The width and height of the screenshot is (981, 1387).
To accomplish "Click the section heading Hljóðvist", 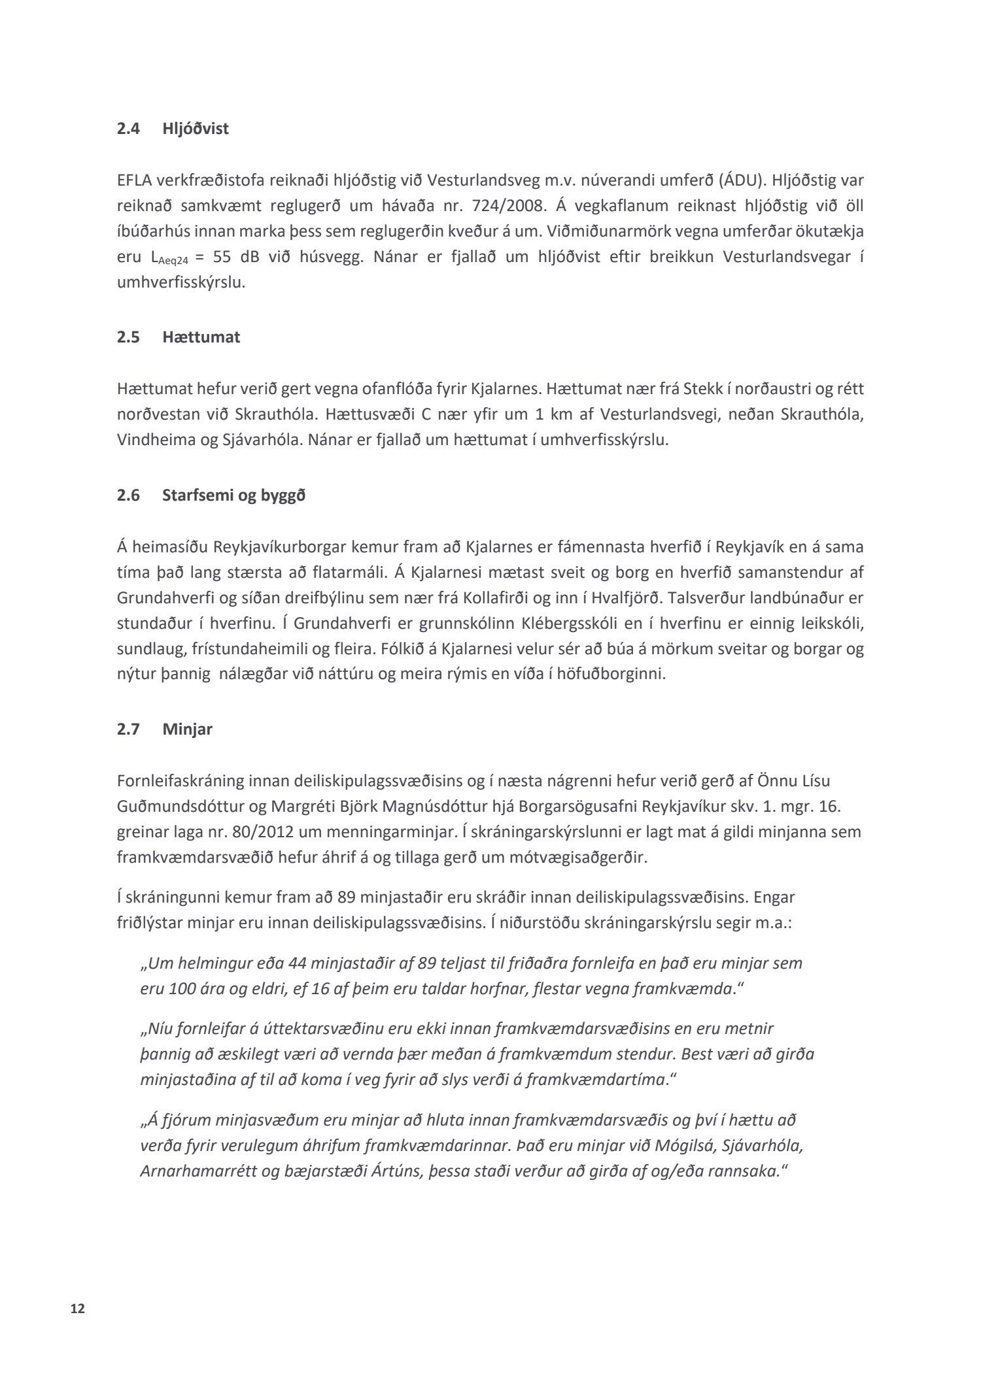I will (195, 129).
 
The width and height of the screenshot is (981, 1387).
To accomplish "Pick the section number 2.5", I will (128, 337).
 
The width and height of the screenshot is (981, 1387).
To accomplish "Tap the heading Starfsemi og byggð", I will (233, 495).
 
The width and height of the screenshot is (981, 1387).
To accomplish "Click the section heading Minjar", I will (187, 729).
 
